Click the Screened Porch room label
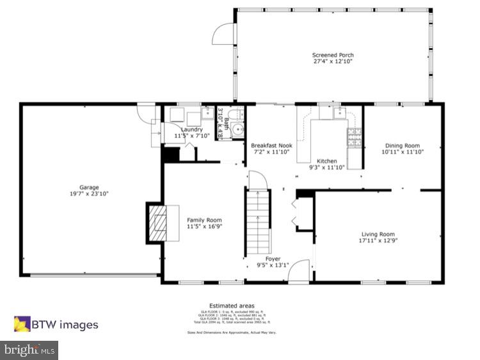pos(333,55)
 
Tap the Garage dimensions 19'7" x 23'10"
pos(89,193)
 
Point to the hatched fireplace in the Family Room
pos(156,223)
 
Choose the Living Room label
pos(378,234)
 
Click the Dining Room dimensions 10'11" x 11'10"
pos(401,152)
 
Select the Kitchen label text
pos(327,161)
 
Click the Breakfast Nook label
pos(271,145)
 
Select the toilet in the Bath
pos(237,115)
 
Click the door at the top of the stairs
pos(256,180)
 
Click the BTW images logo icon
pos(22,324)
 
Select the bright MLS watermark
pos(29,350)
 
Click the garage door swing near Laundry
pos(147,113)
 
